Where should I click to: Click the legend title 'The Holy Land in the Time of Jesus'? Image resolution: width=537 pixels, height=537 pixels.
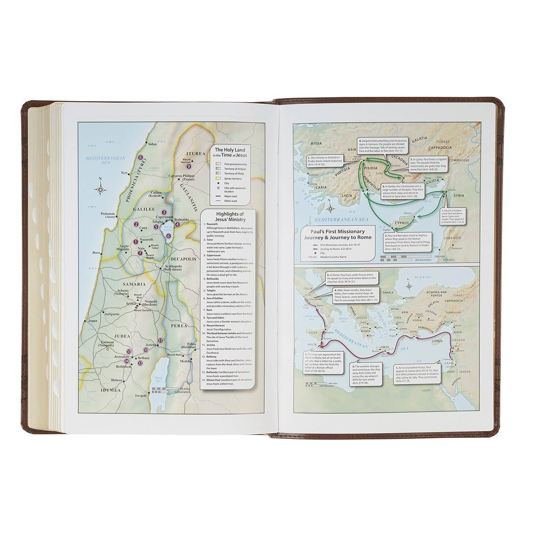231,153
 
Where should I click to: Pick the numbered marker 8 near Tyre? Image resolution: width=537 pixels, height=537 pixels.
140,158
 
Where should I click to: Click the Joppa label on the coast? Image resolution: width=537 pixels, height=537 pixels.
93,320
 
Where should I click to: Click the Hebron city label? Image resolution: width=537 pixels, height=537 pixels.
117,380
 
